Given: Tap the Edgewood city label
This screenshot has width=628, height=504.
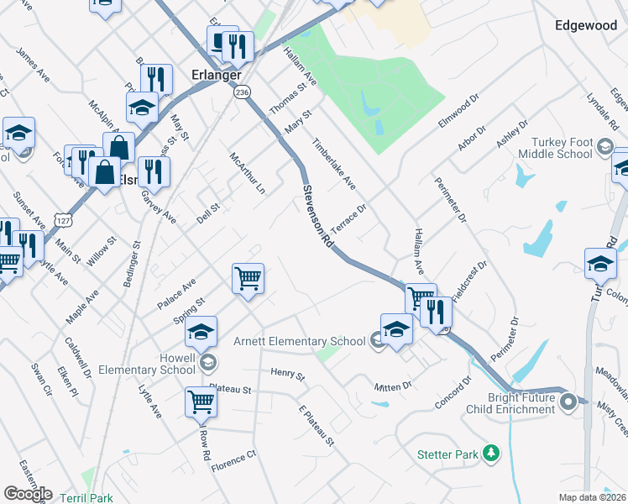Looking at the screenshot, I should [586, 26].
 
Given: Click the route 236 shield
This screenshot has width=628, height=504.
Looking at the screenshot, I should [243, 92].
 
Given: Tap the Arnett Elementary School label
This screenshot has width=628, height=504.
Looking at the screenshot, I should [299, 341].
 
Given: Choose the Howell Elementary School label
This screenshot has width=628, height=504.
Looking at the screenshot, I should [147, 364].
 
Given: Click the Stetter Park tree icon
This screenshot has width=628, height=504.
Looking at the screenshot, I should [489, 454].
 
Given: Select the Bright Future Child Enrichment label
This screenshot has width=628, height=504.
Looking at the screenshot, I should [521, 403].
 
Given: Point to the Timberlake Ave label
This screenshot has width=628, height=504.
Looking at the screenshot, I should [334, 165].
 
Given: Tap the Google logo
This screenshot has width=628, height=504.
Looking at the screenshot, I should [27, 494].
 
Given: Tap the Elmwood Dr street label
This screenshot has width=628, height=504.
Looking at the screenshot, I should [458, 112].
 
